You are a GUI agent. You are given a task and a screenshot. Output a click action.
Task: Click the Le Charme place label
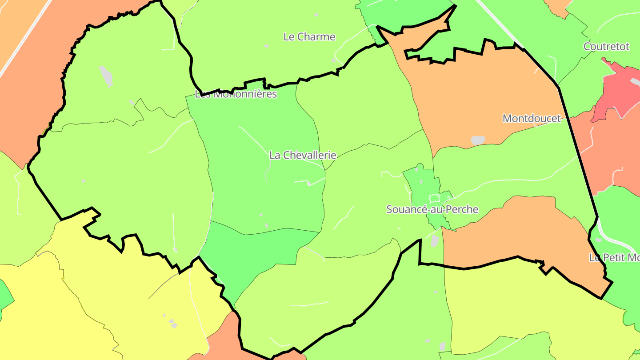pos(309,37)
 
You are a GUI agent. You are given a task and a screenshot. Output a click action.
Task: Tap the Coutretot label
pos(606,47)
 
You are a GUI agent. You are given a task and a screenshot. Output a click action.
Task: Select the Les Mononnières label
pos(236,94)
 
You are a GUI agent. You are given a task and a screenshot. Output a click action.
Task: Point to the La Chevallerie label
pos(303,155)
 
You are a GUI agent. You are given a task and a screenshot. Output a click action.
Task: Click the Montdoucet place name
pos(532,118)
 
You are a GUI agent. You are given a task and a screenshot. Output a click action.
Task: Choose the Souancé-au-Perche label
pos(432,209)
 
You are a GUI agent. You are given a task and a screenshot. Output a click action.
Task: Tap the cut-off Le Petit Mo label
pos(614,257)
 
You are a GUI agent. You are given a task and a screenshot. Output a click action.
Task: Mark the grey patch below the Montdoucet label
pos(477,140)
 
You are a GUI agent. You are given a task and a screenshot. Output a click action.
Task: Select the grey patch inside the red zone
pos(634,82)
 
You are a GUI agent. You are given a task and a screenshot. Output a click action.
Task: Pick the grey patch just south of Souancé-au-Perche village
pos(435,240)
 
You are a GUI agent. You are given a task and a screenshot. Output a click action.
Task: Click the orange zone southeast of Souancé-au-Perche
pos(516,231)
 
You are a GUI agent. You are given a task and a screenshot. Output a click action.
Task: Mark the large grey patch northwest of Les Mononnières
pos(106,76)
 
